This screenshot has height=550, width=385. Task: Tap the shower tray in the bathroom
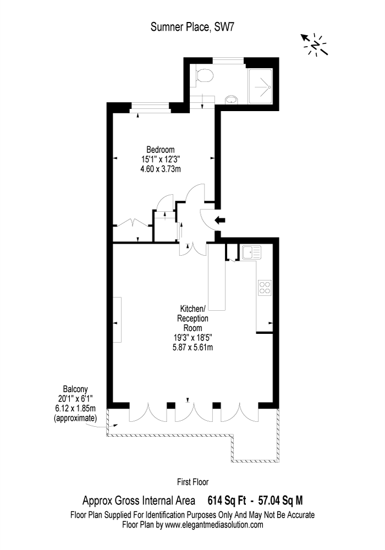pos(260,86)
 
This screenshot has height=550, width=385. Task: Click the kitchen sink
pos(251,252)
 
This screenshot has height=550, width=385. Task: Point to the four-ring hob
pos(265,288)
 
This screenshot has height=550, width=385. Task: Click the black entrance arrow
pos(219,221)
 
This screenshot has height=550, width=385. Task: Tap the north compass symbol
pos(315,45)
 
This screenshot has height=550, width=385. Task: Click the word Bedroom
pos(160,150)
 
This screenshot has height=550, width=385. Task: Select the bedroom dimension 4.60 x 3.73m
pos(160,169)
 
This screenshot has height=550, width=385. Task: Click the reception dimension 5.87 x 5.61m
pos(193,347)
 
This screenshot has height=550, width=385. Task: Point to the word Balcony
pos(75,389)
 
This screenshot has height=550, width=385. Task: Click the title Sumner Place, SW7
pos(192,27)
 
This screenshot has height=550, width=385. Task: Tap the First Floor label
pos(193,482)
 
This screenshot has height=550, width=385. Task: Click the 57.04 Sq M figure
pos(280,500)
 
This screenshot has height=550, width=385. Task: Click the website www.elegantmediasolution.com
pos(214,525)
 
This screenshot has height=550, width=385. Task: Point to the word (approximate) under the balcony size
pos(75,418)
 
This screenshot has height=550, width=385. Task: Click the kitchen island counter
pos(217,277)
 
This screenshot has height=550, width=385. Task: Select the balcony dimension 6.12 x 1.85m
pos(75,409)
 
